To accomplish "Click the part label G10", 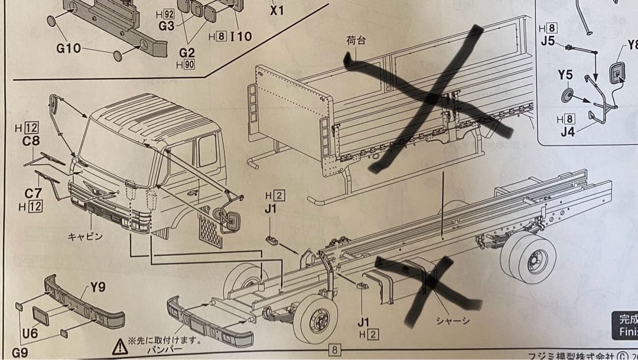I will [69, 48].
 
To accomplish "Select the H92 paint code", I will [167, 14].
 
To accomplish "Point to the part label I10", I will [241, 36].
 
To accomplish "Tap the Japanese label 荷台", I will [356, 40].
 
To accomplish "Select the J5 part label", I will [548, 41].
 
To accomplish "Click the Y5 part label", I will [565, 75].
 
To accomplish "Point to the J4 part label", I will [567, 132].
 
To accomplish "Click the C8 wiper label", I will [31, 141].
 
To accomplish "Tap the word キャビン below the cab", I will [85, 236].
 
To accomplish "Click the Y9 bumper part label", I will [97, 288].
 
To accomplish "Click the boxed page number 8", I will [334, 349].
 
